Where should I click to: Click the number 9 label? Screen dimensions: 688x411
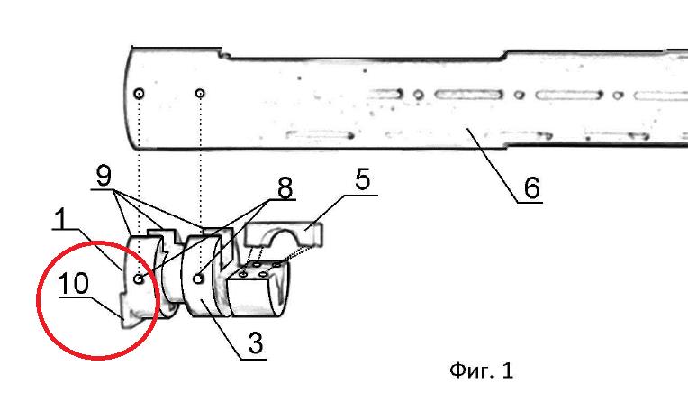(x=104, y=176)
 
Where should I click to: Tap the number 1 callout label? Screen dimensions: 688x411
(x=62, y=219)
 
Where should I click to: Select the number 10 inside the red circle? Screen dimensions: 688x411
(x=73, y=284)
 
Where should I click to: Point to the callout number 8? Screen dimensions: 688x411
(x=285, y=188)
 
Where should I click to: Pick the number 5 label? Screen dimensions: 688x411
(x=362, y=179)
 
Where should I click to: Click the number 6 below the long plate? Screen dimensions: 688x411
(x=532, y=187)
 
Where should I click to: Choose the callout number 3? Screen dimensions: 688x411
(x=256, y=342)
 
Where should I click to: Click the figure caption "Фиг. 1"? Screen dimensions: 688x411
(x=482, y=370)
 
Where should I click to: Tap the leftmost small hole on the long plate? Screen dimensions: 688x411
(x=139, y=94)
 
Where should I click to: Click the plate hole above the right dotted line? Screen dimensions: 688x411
(x=200, y=93)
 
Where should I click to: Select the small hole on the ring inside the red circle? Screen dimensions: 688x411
(x=139, y=279)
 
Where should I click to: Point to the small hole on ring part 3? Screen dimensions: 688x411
(x=198, y=279)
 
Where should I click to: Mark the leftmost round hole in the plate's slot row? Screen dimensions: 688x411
(x=419, y=95)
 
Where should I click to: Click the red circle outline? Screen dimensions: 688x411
(x=37, y=299)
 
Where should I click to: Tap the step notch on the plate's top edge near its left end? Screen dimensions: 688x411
(x=225, y=54)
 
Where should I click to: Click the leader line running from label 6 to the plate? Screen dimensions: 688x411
(x=493, y=165)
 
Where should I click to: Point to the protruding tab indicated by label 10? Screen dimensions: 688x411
(x=129, y=317)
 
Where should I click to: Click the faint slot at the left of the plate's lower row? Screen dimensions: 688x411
(x=320, y=134)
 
